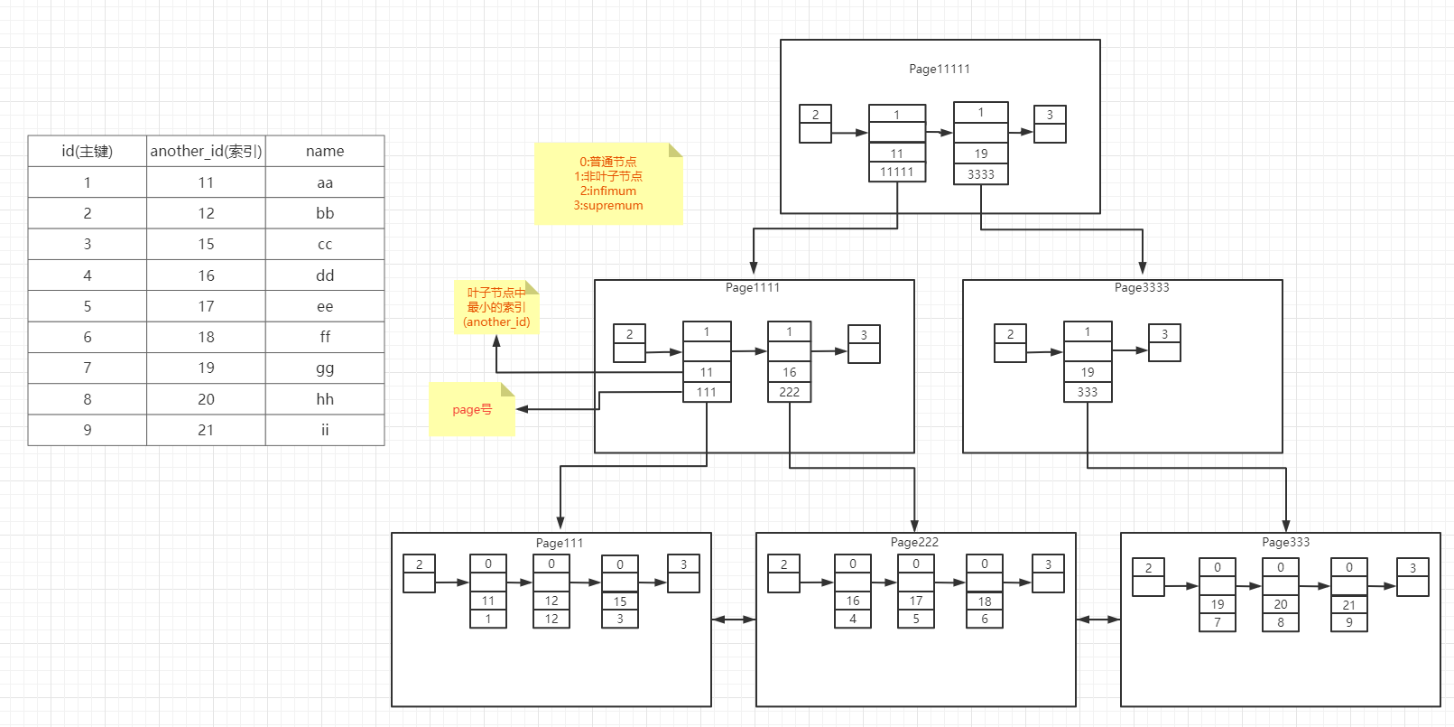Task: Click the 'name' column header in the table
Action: (325, 151)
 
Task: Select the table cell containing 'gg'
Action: (325, 368)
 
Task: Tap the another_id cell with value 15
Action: (206, 244)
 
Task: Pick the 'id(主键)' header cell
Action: (87, 151)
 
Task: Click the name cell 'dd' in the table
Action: (325, 275)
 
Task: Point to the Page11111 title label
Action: (940, 69)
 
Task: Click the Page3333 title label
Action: (1142, 287)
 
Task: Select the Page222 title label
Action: (914, 542)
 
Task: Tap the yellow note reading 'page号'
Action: (472, 409)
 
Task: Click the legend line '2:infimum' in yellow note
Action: (608, 191)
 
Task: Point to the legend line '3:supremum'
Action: (608, 205)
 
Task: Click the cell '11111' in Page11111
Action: (897, 172)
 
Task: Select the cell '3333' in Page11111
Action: (981, 174)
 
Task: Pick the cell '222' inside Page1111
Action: (790, 392)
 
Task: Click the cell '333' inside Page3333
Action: (1088, 392)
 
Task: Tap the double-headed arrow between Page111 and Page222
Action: (734, 620)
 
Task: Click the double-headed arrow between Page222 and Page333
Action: (1098, 620)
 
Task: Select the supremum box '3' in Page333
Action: (1412, 568)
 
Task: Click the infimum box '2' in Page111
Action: (419, 564)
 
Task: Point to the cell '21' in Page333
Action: (1349, 605)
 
